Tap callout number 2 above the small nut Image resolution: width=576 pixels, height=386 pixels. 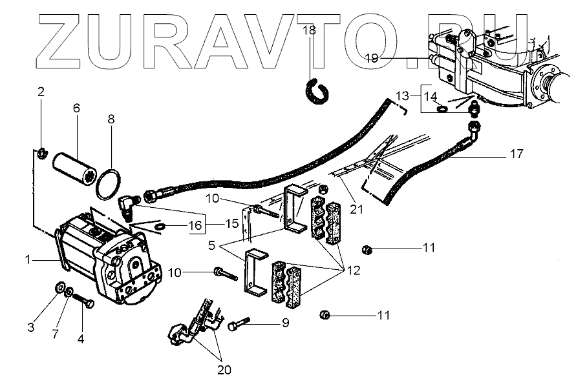point(41,92)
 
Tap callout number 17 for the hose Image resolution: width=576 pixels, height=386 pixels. point(516,155)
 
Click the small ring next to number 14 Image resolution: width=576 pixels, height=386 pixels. point(443,109)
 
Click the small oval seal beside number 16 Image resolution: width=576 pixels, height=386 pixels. point(159,227)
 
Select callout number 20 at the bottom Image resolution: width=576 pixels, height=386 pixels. point(224,371)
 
